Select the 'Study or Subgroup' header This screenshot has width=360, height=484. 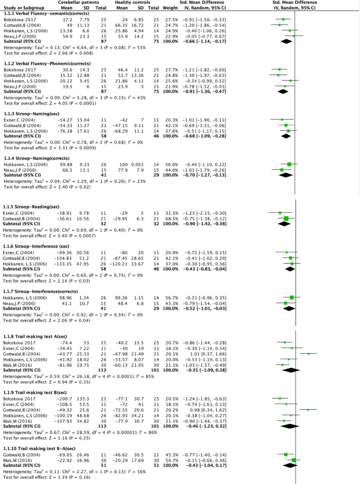(x=19, y=8)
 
